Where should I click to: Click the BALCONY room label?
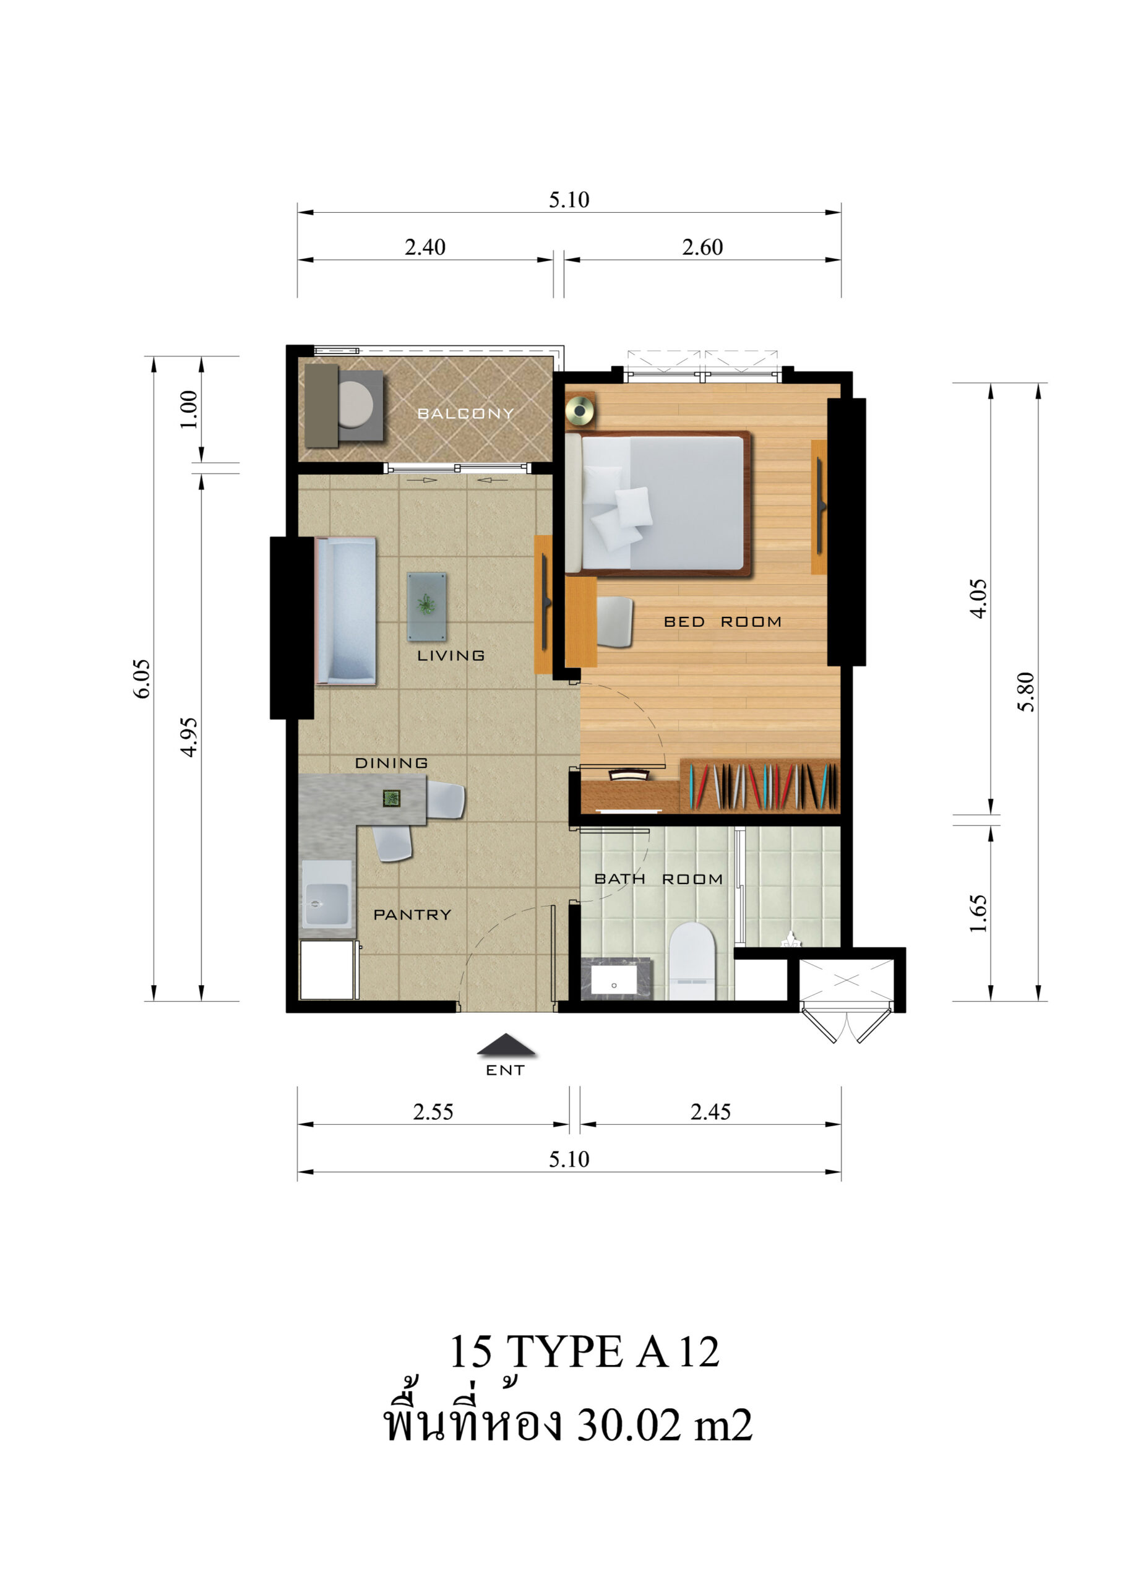coord(465,413)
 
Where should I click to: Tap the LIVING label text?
coord(450,655)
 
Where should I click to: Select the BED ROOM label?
coord(722,622)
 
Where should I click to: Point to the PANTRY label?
coord(412,915)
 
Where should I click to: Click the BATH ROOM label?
coord(658,879)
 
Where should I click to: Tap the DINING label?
coord(391,763)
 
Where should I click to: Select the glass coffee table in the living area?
coord(427,606)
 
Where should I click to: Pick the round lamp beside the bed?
coord(580,410)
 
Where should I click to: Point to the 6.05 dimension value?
coord(142,678)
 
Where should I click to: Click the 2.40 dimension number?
coord(425,247)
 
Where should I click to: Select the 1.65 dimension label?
coord(978,913)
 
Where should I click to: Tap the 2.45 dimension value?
coord(710,1112)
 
